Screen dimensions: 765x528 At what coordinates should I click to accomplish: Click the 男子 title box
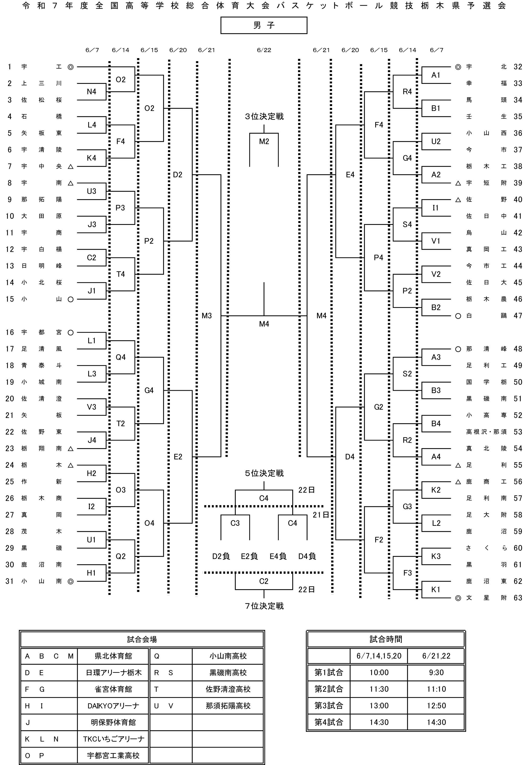tap(264, 25)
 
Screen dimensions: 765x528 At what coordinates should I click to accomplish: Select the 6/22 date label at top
tap(264, 50)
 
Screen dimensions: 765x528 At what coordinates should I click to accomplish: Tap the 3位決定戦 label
tap(264, 116)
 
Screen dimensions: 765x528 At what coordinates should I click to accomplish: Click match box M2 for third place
tap(264, 142)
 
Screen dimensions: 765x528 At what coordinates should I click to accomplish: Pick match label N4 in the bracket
tap(92, 92)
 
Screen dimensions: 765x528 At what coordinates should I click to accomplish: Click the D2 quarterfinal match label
tap(178, 175)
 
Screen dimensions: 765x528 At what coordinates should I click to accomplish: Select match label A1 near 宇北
tap(436, 75)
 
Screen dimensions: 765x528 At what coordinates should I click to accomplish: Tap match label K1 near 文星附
tap(436, 590)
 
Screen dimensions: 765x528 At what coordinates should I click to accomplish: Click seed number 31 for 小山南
tap(10, 581)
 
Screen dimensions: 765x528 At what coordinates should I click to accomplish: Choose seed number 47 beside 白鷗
tap(518, 316)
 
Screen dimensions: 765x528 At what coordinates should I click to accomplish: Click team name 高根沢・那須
tap(486, 432)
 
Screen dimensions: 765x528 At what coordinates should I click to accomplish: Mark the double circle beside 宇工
tap(70, 67)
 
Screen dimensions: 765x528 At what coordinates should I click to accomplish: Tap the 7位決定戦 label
tap(264, 606)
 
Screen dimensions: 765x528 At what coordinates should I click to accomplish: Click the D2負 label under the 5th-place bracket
tap(221, 556)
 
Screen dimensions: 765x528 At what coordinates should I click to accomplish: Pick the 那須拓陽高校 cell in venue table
tap(228, 706)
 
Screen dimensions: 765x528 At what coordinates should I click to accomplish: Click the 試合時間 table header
tap(386, 639)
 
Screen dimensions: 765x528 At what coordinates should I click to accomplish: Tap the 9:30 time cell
tap(436, 673)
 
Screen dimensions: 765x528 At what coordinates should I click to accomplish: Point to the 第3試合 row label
tap(329, 706)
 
